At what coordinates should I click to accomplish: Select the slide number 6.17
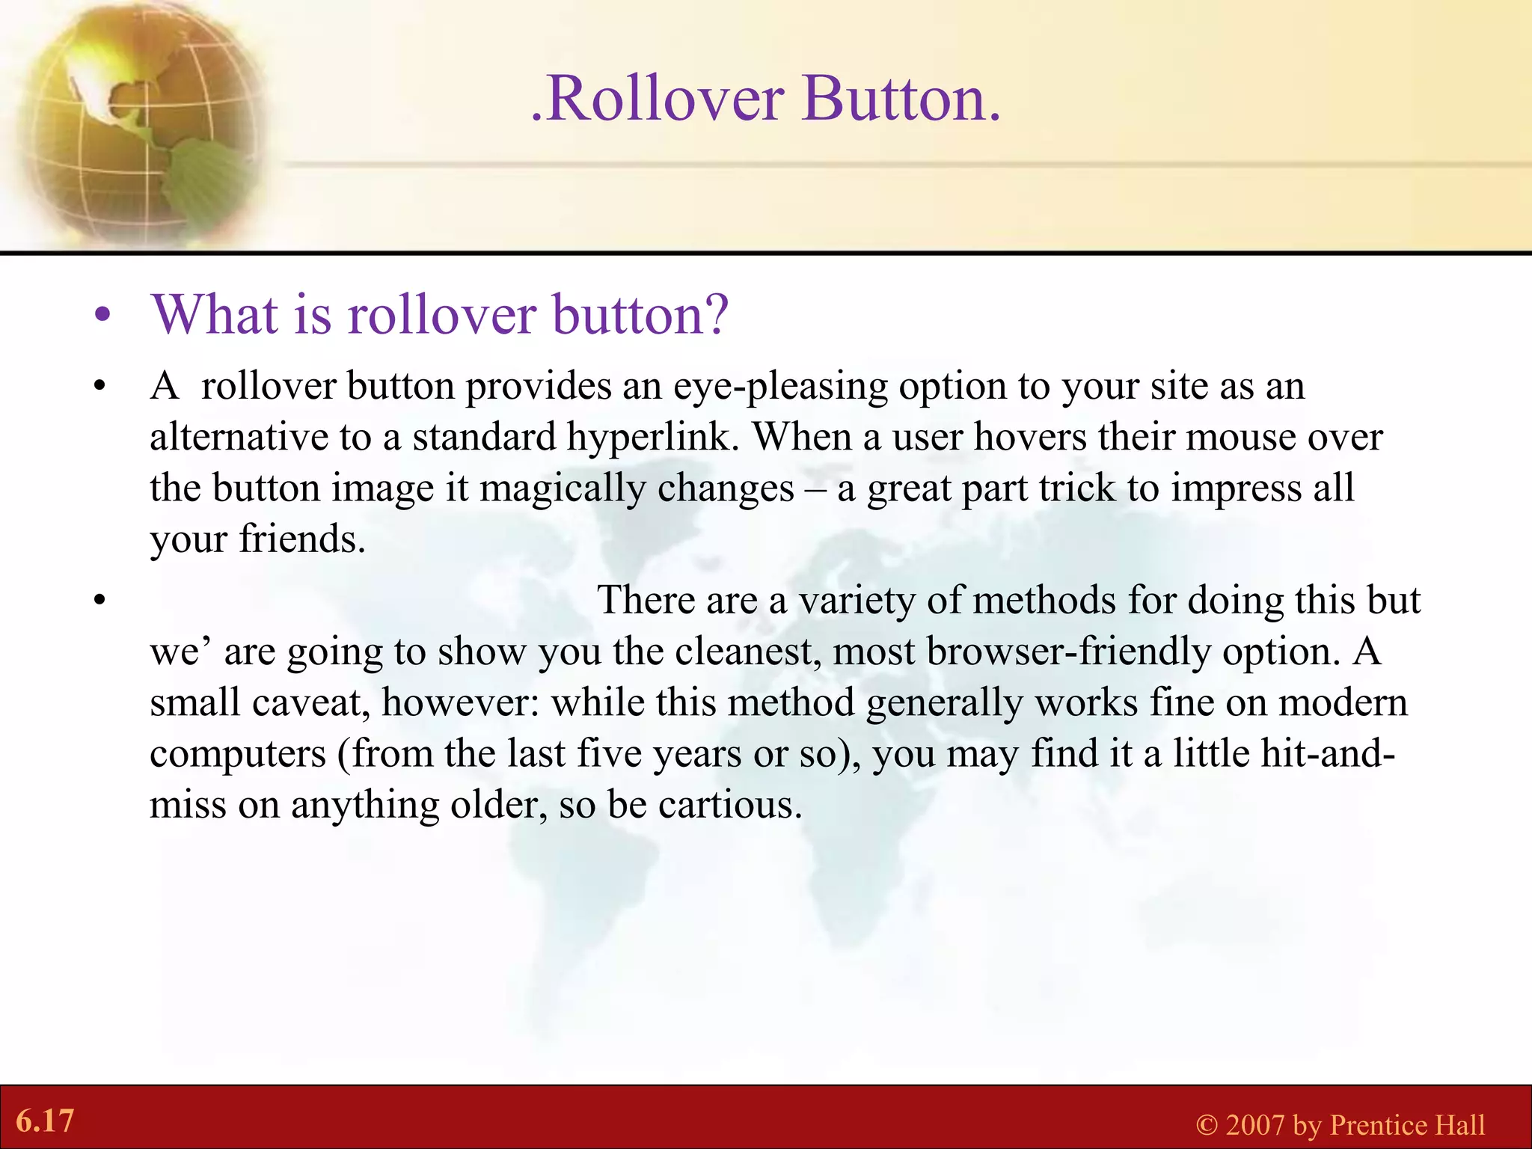pyautogui.click(x=45, y=1121)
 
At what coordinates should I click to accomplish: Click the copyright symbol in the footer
pyautogui.click(x=1207, y=1125)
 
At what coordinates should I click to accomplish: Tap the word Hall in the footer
pyautogui.click(x=1457, y=1125)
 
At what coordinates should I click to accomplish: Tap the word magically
pyautogui.click(x=562, y=488)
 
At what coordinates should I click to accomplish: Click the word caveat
pyautogui.click(x=310, y=702)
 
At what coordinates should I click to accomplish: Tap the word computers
pyautogui.click(x=238, y=754)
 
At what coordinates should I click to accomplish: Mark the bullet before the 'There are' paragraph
pyautogui.click(x=100, y=601)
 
